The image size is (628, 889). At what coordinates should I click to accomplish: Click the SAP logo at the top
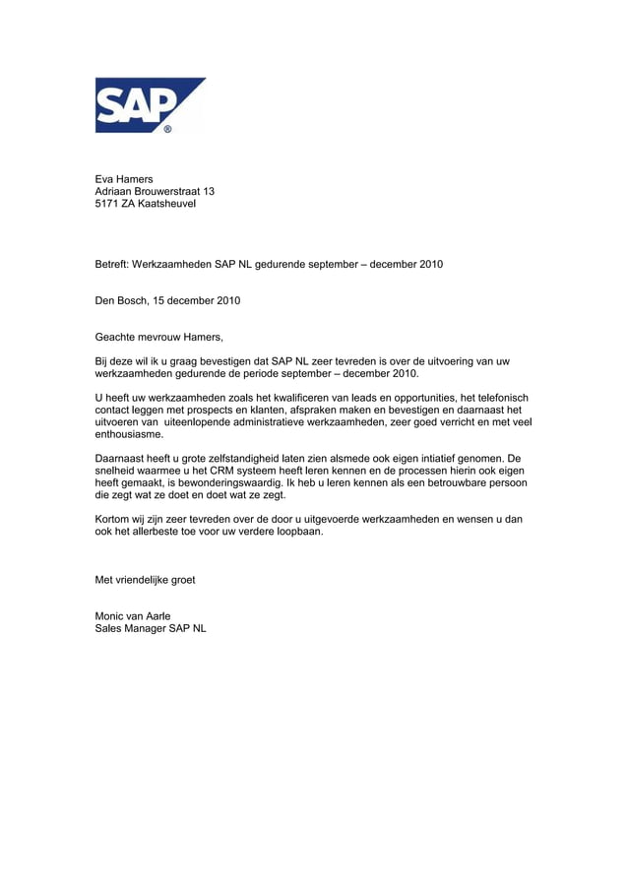[148, 104]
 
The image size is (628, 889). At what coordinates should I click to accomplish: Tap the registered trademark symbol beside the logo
[167, 129]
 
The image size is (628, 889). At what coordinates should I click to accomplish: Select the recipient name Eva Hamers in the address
[124, 179]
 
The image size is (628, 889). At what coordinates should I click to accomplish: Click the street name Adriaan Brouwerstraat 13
[155, 191]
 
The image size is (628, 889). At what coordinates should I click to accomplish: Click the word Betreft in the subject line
[111, 265]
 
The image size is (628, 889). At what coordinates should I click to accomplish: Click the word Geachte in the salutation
[116, 337]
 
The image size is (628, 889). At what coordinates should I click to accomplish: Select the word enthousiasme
[129, 434]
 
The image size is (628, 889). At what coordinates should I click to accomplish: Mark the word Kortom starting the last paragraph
[112, 519]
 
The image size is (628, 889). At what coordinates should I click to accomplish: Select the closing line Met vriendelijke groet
[145, 580]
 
